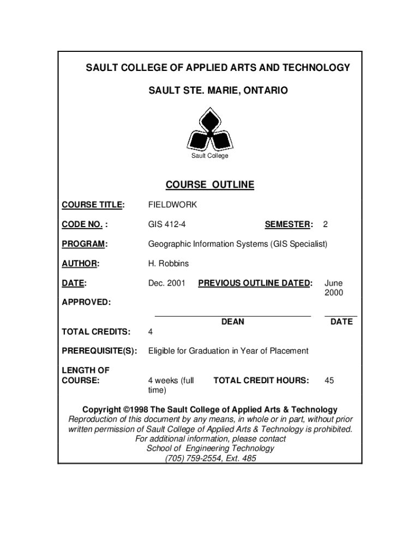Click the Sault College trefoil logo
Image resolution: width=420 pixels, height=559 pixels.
pyautogui.click(x=210, y=131)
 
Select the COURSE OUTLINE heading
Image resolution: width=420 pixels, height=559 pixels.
pyautogui.click(x=210, y=185)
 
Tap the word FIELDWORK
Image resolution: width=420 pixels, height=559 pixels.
pyautogui.click(x=172, y=205)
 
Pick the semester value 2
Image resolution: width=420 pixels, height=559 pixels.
pyautogui.click(x=326, y=224)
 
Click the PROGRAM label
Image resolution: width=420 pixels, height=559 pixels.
pyautogui.click(x=85, y=244)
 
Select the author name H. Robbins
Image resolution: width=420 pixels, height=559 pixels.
pyautogui.click(x=169, y=264)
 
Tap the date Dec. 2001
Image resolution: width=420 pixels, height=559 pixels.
pyautogui.click(x=167, y=283)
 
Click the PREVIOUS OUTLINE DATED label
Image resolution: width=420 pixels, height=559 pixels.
pyautogui.click(x=255, y=283)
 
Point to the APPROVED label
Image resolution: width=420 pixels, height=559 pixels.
pyautogui.click(x=86, y=302)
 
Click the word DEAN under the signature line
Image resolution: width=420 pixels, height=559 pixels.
pyautogui.click(x=233, y=322)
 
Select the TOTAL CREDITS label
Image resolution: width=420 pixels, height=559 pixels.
pyautogui.click(x=96, y=331)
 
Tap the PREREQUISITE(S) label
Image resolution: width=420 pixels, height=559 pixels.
pyautogui.click(x=99, y=351)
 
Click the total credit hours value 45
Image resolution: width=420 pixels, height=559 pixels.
pyautogui.click(x=329, y=380)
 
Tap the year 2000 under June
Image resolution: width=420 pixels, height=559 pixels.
pyautogui.click(x=334, y=293)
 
